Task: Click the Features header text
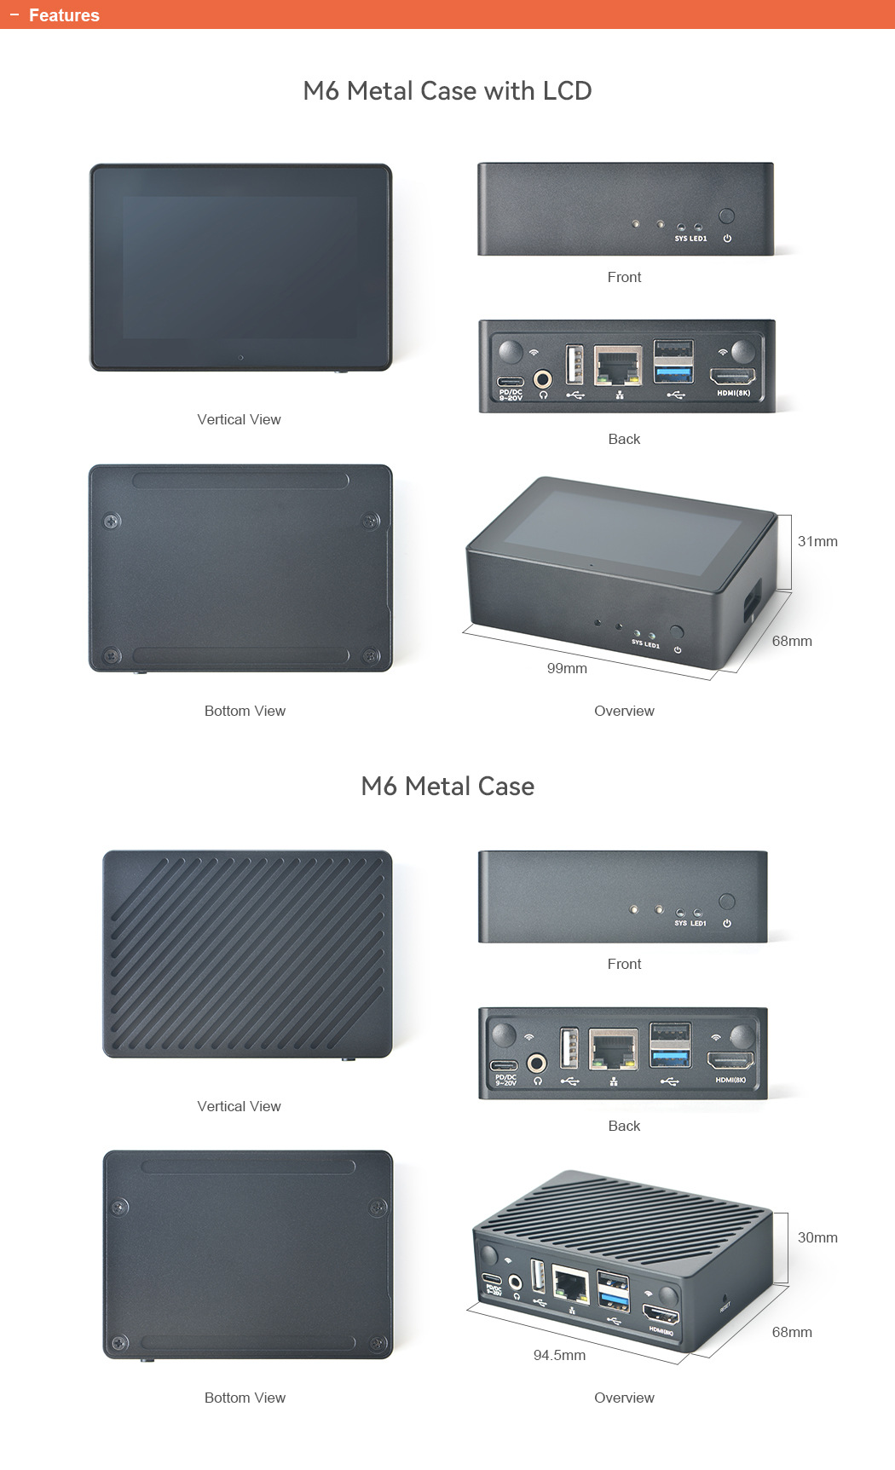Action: click(x=64, y=15)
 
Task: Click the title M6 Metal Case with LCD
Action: click(x=447, y=91)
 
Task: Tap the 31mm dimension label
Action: click(x=817, y=542)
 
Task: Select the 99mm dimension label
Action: click(x=567, y=669)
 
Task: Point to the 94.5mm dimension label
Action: click(x=559, y=1356)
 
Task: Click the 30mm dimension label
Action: click(x=817, y=1238)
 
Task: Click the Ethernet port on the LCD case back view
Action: click(x=618, y=366)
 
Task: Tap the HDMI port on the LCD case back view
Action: click(x=733, y=376)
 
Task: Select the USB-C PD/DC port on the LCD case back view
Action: click(x=511, y=381)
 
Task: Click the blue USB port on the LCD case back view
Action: click(x=673, y=372)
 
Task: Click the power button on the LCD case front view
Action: click(x=726, y=216)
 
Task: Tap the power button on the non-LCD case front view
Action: click(x=727, y=902)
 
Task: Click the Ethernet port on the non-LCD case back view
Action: click(x=614, y=1051)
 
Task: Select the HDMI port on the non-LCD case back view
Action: click(x=730, y=1062)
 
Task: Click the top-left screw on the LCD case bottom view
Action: click(x=112, y=521)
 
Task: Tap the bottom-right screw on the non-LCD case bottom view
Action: click(x=378, y=1344)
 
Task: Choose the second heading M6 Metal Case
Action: click(x=447, y=787)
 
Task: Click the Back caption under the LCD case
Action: click(x=624, y=440)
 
